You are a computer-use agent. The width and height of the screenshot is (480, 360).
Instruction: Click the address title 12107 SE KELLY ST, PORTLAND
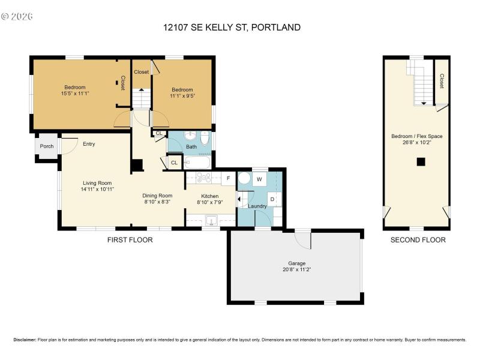pos(232,27)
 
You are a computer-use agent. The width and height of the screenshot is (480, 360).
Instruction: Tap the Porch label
pos(46,146)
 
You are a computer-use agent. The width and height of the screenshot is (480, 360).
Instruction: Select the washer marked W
pos(259,179)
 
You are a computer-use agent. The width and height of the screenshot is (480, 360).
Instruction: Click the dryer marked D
pos(272,199)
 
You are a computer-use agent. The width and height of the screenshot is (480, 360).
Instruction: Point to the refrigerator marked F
pos(228,178)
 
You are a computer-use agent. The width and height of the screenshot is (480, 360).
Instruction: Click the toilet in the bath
pos(204,139)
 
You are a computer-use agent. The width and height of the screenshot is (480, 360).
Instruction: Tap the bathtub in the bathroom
pos(196,161)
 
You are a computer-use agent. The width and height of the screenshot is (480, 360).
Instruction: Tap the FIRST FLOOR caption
pos(130,240)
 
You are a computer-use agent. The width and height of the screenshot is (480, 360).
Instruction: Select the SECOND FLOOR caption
pos(418,240)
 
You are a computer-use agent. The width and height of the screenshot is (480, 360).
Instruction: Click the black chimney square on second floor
pos(421,161)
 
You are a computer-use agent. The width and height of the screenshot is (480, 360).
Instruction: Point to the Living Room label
pos(97,183)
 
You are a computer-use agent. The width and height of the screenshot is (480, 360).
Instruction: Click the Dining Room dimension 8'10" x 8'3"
pos(157,202)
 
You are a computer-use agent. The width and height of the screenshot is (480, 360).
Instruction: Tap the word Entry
pos(89,144)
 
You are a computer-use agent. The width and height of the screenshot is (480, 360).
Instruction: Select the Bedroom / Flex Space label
pos(416,136)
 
